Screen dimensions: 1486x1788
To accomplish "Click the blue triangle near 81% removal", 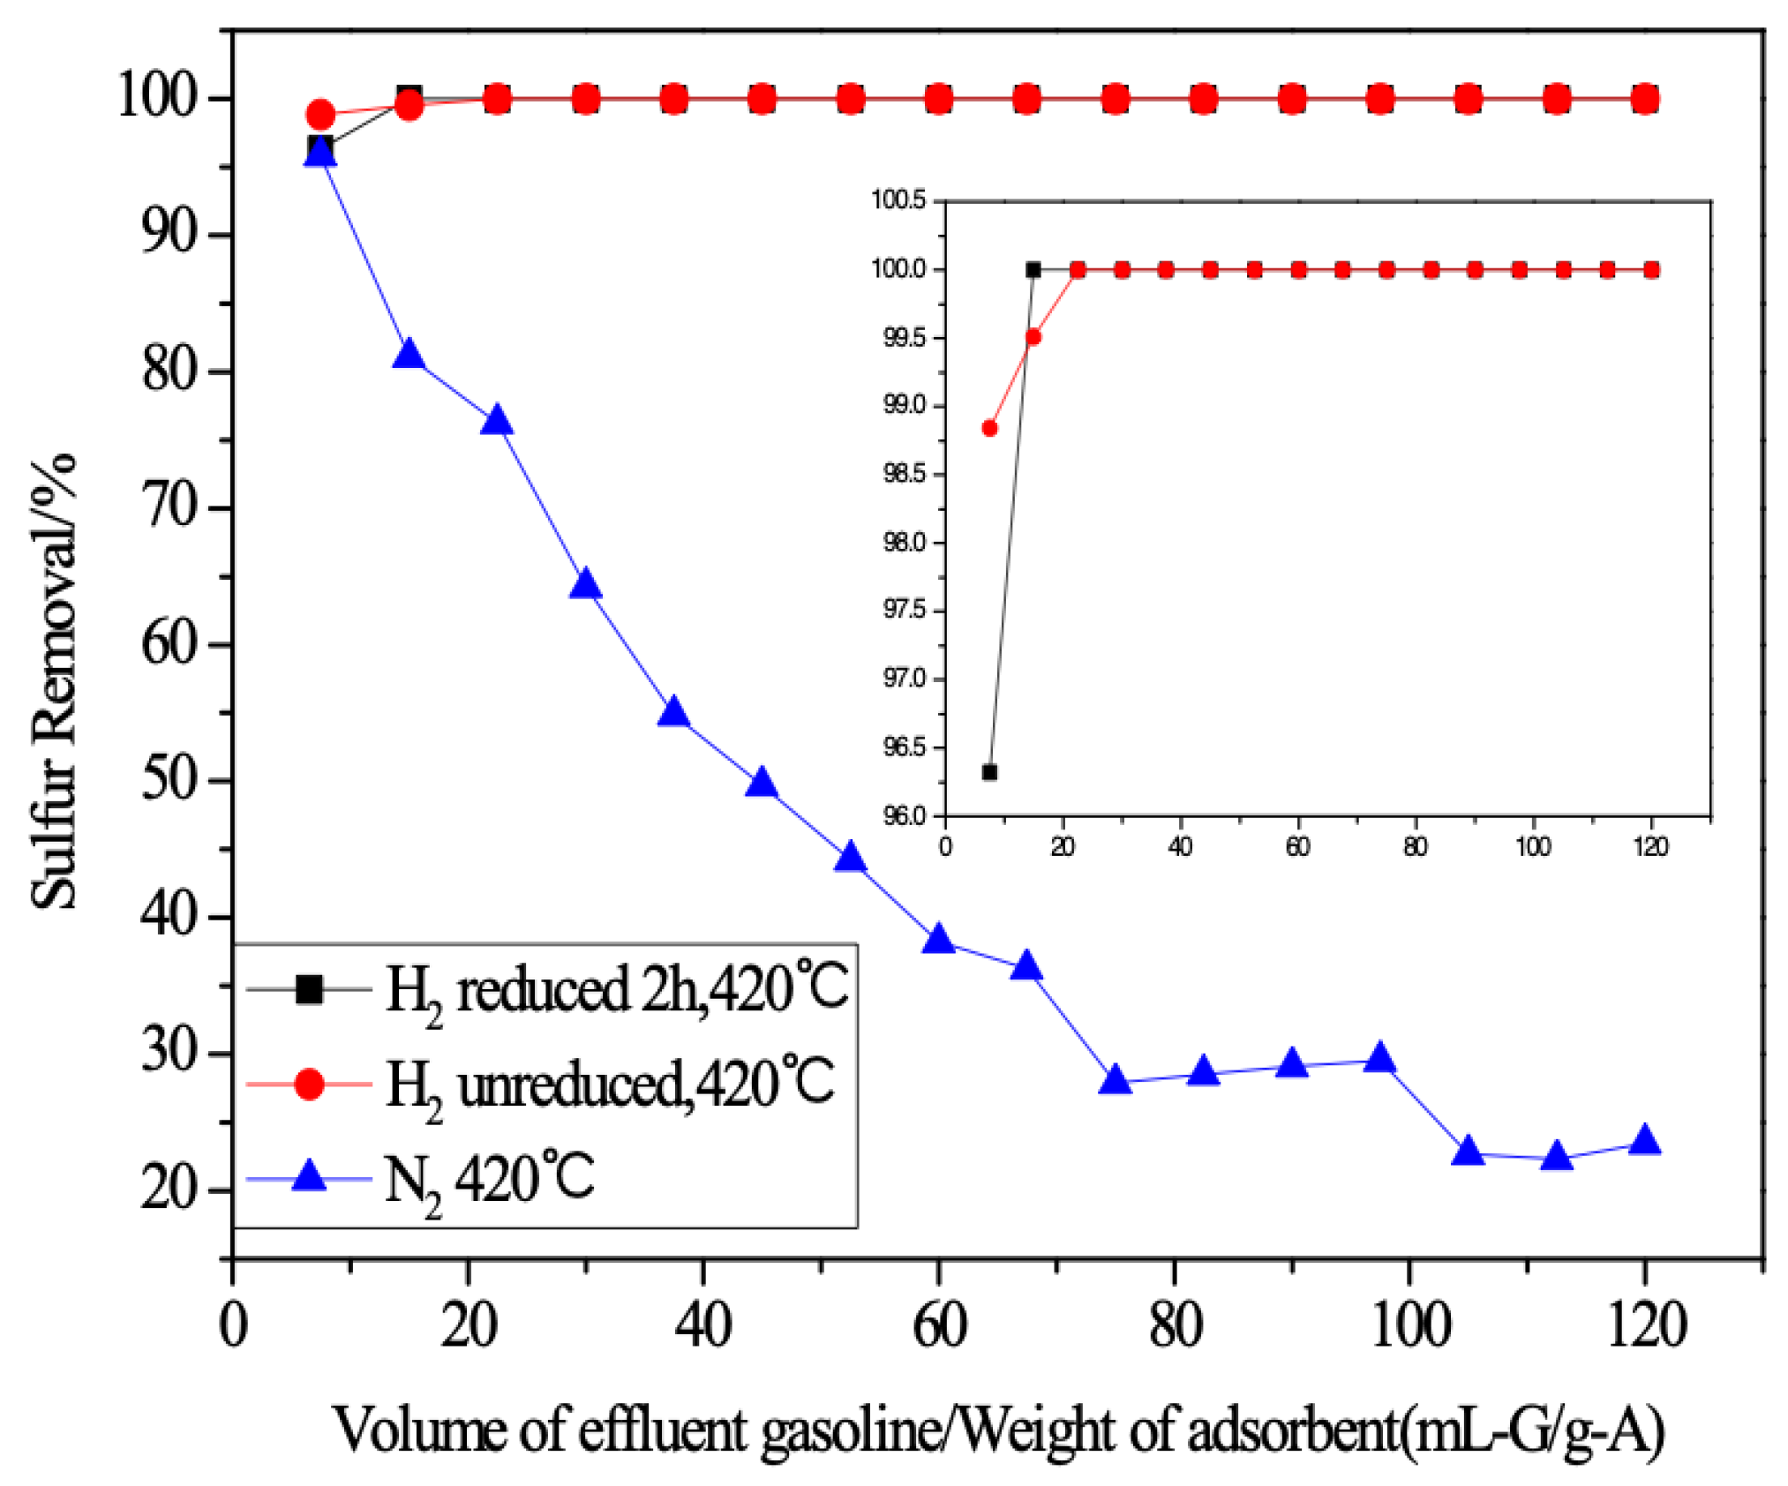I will pyautogui.click(x=409, y=356).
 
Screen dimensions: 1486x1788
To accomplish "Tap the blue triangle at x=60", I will pyautogui.click(x=939, y=941).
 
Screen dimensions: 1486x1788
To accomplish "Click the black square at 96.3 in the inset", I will pyautogui.click(x=989, y=772).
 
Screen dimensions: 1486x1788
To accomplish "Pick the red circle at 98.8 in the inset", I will pyautogui.click(x=989, y=428).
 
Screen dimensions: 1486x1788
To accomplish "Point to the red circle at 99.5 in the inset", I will pyautogui.click(x=1033, y=336).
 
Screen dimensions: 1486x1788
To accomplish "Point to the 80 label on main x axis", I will pyautogui.click(x=1175, y=1326).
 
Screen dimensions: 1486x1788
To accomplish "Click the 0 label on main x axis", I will pyautogui.click(x=233, y=1326).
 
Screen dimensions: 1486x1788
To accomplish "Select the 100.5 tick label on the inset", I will pyautogui.click(x=898, y=200).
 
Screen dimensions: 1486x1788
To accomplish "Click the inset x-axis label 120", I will pyautogui.click(x=1650, y=847).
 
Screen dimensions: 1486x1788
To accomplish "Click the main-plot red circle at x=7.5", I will pyautogui.click(x=320, y=115).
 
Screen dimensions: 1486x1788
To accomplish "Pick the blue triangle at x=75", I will pyautogui.click(x=1116, y=1081).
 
